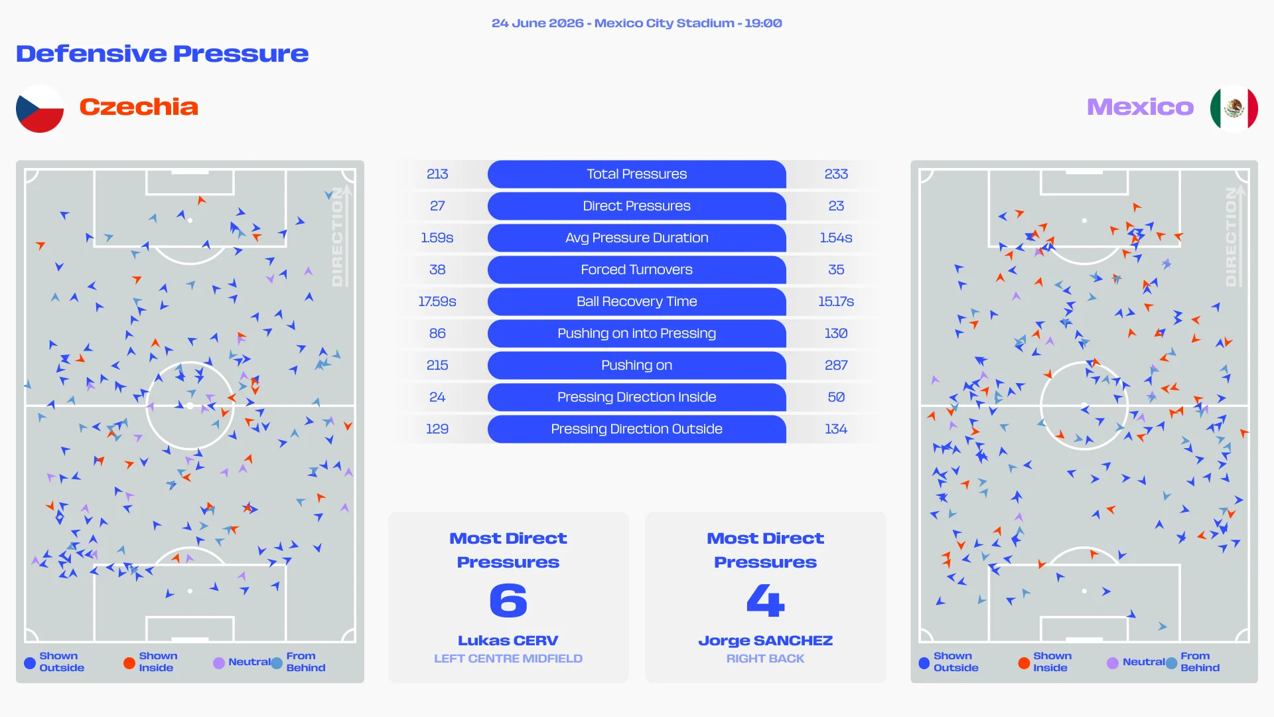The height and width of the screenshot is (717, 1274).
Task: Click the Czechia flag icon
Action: tap(40, 108)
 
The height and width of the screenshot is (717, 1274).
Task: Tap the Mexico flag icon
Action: tap(1234, 108)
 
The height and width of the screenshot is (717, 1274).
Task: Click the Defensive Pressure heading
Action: tap(163, 54)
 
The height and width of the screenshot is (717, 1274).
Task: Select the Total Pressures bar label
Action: tap(636, 174)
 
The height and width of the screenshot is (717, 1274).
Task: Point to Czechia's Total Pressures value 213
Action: tap(437, 174)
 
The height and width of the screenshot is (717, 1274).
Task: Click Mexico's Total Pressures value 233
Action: tap(836, 174)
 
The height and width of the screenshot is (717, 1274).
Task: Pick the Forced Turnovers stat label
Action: tap(636, 270)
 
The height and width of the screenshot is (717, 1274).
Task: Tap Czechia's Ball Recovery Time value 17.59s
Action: tap(437, 301)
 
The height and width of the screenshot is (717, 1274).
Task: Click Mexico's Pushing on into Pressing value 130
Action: tap(836, 333)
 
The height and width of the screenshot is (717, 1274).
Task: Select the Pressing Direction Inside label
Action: tap(636, 397)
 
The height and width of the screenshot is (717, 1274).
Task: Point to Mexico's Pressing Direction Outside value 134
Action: tap(836, 429)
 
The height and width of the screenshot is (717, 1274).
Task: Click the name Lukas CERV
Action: tap(508, 641)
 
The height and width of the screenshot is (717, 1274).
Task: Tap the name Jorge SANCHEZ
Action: tap(765, 641)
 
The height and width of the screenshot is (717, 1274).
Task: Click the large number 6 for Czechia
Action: tap(508, 600)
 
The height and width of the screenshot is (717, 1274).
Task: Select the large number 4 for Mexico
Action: tap(765, 600)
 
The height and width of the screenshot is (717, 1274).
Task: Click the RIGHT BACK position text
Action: tap(765, 659)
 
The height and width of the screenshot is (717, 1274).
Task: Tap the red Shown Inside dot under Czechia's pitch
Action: tap(129, 663)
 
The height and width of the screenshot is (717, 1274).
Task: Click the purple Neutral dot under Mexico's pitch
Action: tap(1113, 663)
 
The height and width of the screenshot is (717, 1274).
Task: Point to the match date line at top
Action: tap(636, 23)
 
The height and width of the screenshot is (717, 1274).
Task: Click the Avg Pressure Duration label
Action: tap(636, 238)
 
